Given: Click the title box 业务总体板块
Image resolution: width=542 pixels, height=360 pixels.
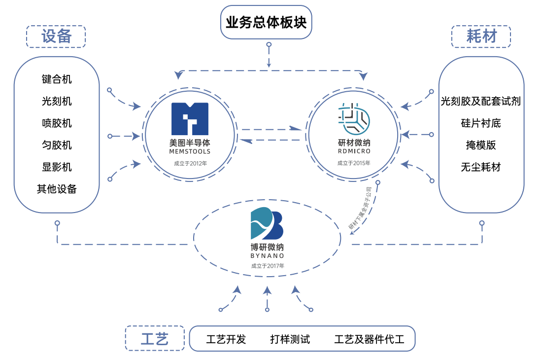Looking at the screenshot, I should pyautogui.click(x=266, y=23).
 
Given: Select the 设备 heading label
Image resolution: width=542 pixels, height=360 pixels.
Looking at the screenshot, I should pyautogui.click(x=56, y=36).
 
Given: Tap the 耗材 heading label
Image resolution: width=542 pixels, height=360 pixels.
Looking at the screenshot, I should pyautogui.click(x=481, y=36).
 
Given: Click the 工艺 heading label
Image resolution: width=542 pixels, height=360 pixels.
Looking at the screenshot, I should pyautogui.click(x=155, y=339).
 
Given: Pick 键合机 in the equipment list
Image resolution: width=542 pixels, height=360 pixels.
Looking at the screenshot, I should pyautogui.click(x=57, y=79).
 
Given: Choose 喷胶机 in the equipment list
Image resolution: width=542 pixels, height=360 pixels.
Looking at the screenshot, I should pyautogui.click(x=57, y=123).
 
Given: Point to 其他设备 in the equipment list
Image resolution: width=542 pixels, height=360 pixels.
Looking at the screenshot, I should pyautogui.click(x=57, y=189).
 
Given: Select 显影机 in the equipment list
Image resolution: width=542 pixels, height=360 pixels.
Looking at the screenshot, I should pyautogui.click(x=57, y=167).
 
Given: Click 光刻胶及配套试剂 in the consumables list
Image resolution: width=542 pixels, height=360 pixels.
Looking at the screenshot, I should pyautogui.click(x=481, y=102).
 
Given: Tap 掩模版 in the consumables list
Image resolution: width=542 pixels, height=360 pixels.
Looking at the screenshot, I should pyautogui.click(x=481, y=145).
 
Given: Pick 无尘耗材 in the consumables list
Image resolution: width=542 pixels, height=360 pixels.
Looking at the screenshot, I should pyautogui.click(x=481, y=167).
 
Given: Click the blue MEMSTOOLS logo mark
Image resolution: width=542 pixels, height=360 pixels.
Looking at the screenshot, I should pyautogui.click(x=190, y=118).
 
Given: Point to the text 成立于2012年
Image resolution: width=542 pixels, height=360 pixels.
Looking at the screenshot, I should pyautogui.click(x=190, y=163).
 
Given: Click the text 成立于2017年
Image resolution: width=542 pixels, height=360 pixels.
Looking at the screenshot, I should pyautogui.click(x=268, y=266).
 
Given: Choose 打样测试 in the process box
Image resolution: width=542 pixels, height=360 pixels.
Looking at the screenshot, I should pyautogui.click(x=290, y=339).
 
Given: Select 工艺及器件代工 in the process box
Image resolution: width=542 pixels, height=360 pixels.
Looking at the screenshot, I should pyautogui.click(x=369, y=339).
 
